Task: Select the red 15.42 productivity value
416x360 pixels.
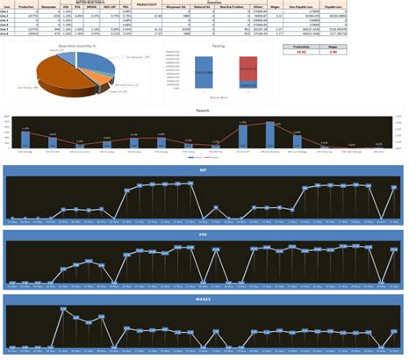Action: [300, 53]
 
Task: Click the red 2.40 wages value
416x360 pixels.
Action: [333, 53]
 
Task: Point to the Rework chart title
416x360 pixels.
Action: [201, 111]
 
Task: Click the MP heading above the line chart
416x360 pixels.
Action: [203, 169]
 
